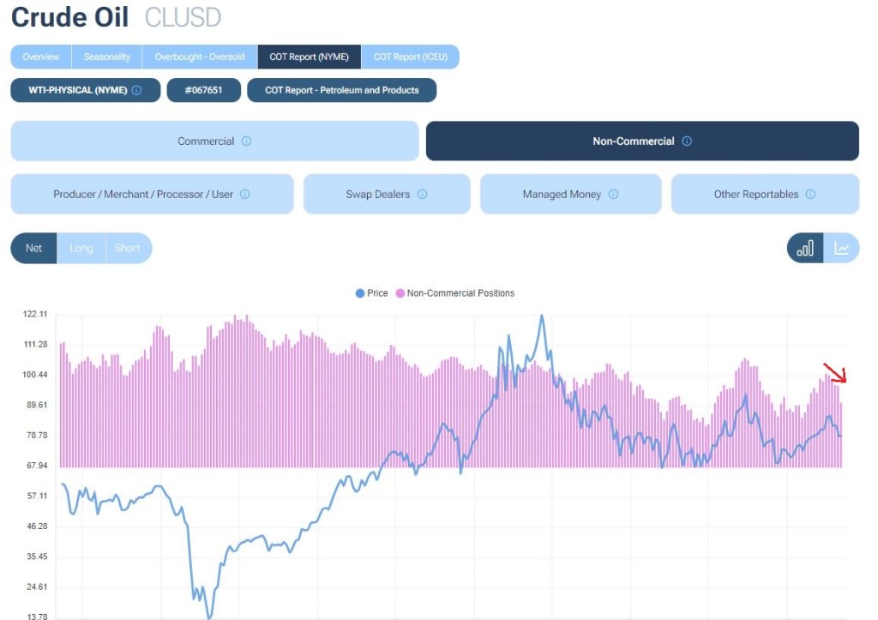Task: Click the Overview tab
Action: (41, 57)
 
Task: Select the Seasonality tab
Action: (107, 57)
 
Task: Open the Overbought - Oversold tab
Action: (200, 57)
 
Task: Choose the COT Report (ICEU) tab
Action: (410, 57)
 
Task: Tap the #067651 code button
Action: (203, 90)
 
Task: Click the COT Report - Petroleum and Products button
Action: (341, 90)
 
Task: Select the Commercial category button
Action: (214, 141)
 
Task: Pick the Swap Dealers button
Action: (387, 194)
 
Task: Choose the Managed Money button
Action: (570, 194)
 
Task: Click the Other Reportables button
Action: (764, 194)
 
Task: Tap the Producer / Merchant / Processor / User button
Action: (152, 194)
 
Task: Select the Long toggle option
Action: (81, 248)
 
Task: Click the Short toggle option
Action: (127, 248)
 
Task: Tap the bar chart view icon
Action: (805, 248)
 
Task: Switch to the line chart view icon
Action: (842, 248)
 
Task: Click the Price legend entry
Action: (372, 293)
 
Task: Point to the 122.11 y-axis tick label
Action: (35, 314)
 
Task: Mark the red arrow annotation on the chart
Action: (835, 373)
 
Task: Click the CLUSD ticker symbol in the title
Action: (183, 17)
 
